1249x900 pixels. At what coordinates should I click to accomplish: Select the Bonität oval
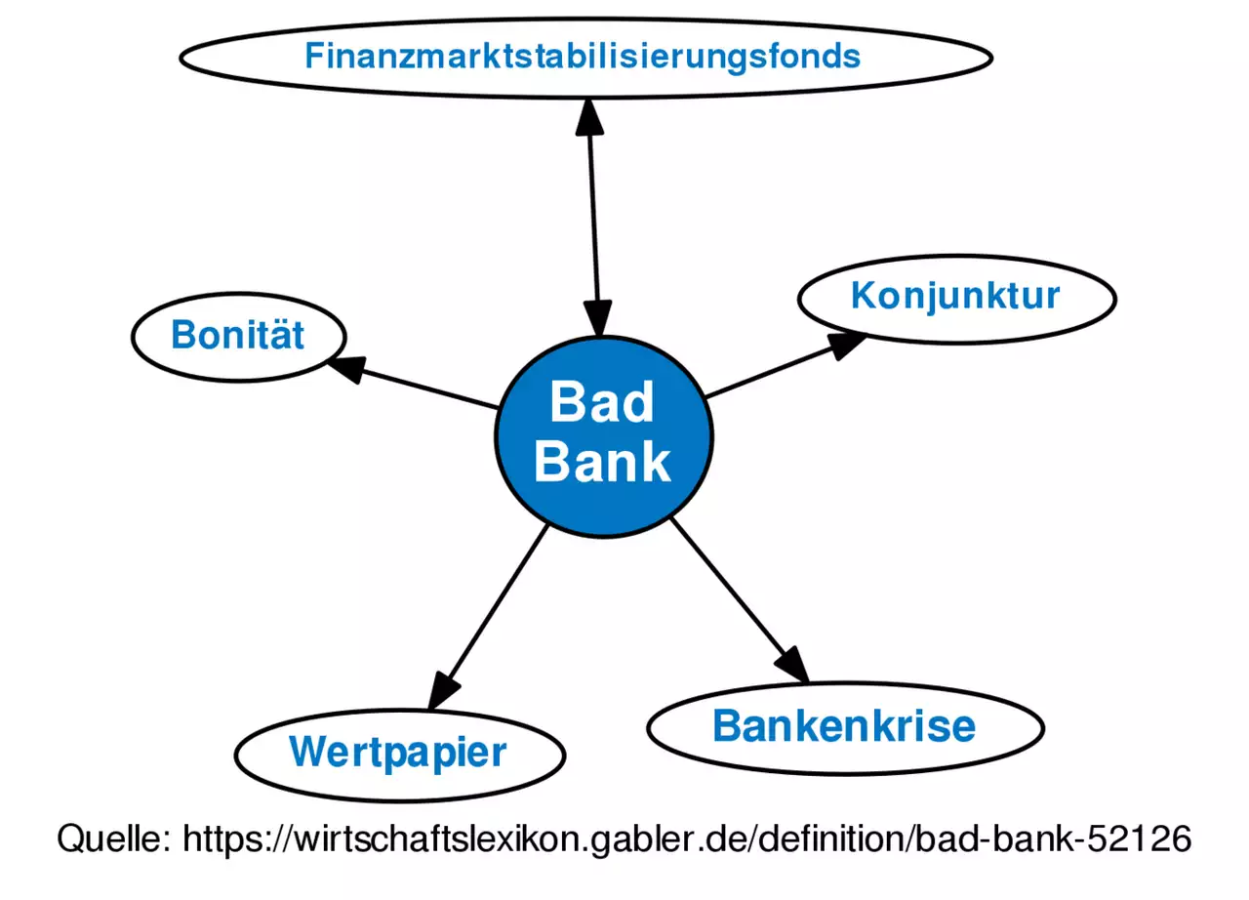pyautogui.click(x=238, y=336)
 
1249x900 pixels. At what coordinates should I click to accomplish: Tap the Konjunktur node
pyautogui.click(x=955, y=295)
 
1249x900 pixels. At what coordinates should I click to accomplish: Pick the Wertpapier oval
pyautogui.click(x=399, y=753)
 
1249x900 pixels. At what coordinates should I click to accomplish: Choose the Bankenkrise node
pyautogui.click(x=845, y=726)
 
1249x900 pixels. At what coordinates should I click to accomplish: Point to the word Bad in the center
pyautogui.click(x=601, y=402)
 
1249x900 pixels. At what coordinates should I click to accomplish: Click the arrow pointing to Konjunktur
pyautogui.click(x=781, y=366)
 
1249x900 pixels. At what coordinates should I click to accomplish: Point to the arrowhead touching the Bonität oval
pyautogui.click(x=344, y=366)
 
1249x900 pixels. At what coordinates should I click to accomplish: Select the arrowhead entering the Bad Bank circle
pyautogui.click(x=596, y=318)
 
